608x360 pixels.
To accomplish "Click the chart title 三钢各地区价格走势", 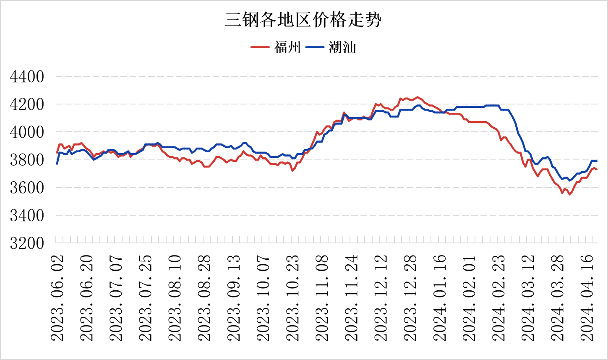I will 303,20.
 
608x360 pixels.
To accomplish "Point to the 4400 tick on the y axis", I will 27,77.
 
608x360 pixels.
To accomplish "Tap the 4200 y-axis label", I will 27,104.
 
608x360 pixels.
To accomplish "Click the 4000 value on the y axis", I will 27,132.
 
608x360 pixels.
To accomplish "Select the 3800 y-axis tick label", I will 27,160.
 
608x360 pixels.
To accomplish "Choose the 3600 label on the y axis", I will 27,188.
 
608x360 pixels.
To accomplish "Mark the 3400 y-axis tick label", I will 27,215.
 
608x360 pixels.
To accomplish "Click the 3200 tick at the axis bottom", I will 27,243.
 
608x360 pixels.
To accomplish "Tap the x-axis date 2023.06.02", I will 57,297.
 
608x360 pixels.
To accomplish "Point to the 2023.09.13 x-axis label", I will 234,297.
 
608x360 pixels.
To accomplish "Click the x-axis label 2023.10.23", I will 292,297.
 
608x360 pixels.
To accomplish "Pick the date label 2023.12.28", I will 410,297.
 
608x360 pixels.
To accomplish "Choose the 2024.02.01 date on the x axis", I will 469,297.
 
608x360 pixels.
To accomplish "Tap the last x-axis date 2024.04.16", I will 587,297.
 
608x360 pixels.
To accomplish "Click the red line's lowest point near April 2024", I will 569,194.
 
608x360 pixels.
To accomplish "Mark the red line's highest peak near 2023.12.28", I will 417,97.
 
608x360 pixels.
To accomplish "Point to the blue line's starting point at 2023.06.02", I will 57,163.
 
